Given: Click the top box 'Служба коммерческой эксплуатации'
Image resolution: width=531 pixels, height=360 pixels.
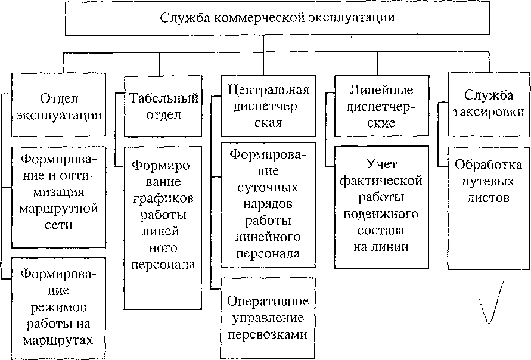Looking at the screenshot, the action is (x=277, y=18).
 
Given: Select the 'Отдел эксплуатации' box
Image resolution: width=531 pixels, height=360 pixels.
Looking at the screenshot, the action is (x=58, y=105).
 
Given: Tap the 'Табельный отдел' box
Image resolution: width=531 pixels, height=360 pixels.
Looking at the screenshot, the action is (x=163, y=106).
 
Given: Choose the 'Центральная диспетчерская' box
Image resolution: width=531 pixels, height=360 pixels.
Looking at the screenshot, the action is (x=268, y=106).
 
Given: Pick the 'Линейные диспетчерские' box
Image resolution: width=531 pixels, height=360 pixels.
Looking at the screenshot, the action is (x=381, y=106).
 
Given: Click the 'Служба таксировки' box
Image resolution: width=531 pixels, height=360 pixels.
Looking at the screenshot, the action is (x=489, y=104).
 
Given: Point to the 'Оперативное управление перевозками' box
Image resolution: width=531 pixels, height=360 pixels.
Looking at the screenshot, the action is (x=268, y=318).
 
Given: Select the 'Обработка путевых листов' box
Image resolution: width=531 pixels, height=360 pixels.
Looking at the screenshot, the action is (x=489, y=208).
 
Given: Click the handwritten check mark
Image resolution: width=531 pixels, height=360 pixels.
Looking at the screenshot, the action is (x=490, y=302).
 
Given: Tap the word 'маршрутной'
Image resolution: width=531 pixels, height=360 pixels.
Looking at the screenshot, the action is (x=58, y=208).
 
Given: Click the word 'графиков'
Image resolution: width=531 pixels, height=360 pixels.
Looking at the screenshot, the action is (x=163, y=199).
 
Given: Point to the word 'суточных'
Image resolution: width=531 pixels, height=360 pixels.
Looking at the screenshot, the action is (x=268, y=188).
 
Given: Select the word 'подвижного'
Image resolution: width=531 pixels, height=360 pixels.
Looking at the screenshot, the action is (x=381, y=215).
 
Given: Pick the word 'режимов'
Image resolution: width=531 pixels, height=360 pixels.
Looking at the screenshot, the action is (x=58, y=308).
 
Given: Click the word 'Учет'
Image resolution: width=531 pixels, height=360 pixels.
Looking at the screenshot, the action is (x=381, y=164).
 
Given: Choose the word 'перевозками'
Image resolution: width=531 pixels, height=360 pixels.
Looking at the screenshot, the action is (x=268, y=335).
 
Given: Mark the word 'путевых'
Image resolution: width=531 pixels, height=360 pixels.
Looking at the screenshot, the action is (x=488, y=182).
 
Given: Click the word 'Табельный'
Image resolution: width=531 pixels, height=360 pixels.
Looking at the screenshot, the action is (x=164, y=98).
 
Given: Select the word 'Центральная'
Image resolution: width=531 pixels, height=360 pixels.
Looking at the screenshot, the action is (x=268, y=90).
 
